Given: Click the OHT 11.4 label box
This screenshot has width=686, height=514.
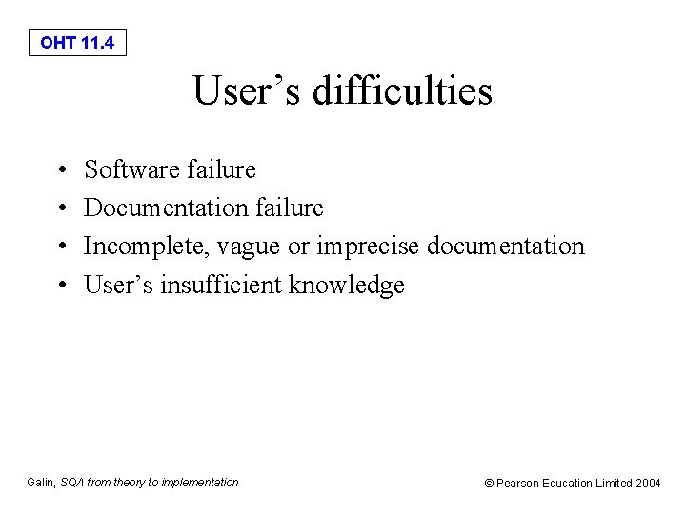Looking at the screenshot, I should click(77, 43).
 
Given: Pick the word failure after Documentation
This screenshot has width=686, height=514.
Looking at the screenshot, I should click(288, 208).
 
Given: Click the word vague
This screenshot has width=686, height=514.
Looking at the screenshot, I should click(249, 247).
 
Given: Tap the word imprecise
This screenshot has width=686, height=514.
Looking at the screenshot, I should click(369, 247).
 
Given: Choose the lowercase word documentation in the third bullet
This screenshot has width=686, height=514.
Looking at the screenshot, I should click(506, 247).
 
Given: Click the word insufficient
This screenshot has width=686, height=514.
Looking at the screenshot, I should click(221, 285).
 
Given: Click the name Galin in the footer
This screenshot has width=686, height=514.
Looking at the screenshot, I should click(41, 483).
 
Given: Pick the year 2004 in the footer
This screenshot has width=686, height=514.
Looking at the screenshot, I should click(647, 484).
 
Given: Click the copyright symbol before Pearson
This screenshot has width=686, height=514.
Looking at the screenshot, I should click(490, 484).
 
